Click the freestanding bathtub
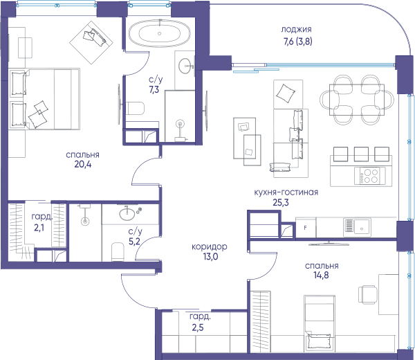159,34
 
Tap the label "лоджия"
296,29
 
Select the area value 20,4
83,165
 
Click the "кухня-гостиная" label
286,192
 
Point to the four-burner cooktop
370,176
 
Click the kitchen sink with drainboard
357,227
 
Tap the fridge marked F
306,228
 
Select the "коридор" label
210,247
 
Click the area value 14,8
322,276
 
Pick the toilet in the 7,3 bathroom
135,108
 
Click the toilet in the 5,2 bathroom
118,252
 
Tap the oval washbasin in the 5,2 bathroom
127,214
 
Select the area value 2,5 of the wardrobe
198,327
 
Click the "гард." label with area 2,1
41,217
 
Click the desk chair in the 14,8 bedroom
368,294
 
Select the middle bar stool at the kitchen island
361,154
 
